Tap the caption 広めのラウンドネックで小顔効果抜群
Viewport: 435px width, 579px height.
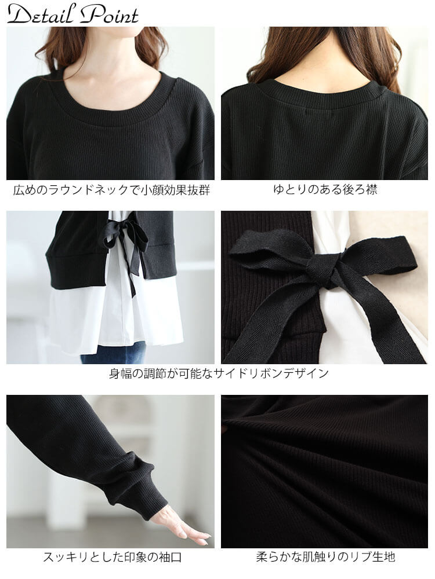pyautogui.click(x=111, y=190)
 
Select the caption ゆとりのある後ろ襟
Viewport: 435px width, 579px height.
pyautogui.click(x=325, y=190)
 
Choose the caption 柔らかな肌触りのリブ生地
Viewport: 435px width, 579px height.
pyautogui.click(x=325, y=558)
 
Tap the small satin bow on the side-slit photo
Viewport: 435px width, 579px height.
pyautogui.click(x=122, y=232)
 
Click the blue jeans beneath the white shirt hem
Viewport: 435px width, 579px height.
pyautogui.click(x=116, y=353)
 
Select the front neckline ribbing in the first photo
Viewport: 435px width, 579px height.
pyautogui.click(x=110, y=116)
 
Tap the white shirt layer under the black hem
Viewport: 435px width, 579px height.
pyautogui.click(x=75, y=318)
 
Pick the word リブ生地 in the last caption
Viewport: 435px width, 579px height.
pyautogui.click(x=376, y=558)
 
